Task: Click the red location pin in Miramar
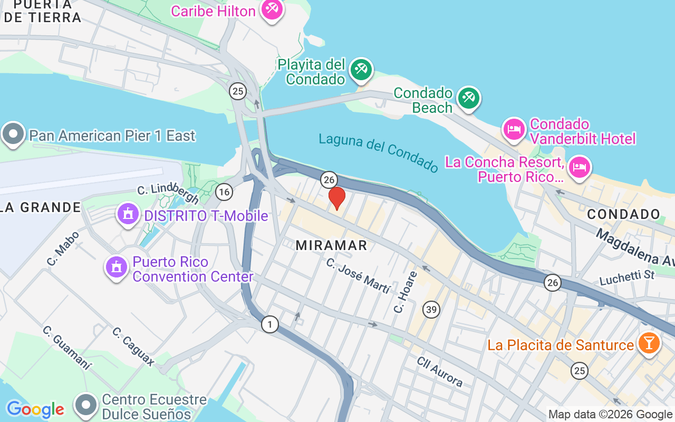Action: (x=337, y=198)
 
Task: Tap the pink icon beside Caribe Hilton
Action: (x=272, y=9)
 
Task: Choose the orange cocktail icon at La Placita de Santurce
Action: (x=649, y=343)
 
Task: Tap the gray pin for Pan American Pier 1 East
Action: (x=13, y=135)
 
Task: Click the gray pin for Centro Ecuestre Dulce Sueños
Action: (x=86, y=406)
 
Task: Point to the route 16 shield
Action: (x=224, y=192)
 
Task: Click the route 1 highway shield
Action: (x=270, y=324)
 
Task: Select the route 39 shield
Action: (x=431, y=309)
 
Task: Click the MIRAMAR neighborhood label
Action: (x=331, y=245)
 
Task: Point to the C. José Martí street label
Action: (x=358, y=275)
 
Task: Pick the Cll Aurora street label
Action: (x=439, y=371)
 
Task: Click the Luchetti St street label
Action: (x=627, y=276)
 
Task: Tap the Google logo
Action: (x=35, y=409)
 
